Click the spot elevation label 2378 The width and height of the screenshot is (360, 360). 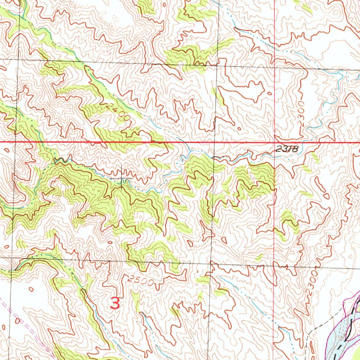click(x=287, y=149)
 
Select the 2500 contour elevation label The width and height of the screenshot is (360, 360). click(x=141, y=281)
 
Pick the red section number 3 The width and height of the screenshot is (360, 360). click(x=115, y=303)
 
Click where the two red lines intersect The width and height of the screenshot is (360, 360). click(x=275, y=142)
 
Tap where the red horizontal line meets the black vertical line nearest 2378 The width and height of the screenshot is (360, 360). click(x=215, y=142)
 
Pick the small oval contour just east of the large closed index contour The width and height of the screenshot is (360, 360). click(x=269, y=94)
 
